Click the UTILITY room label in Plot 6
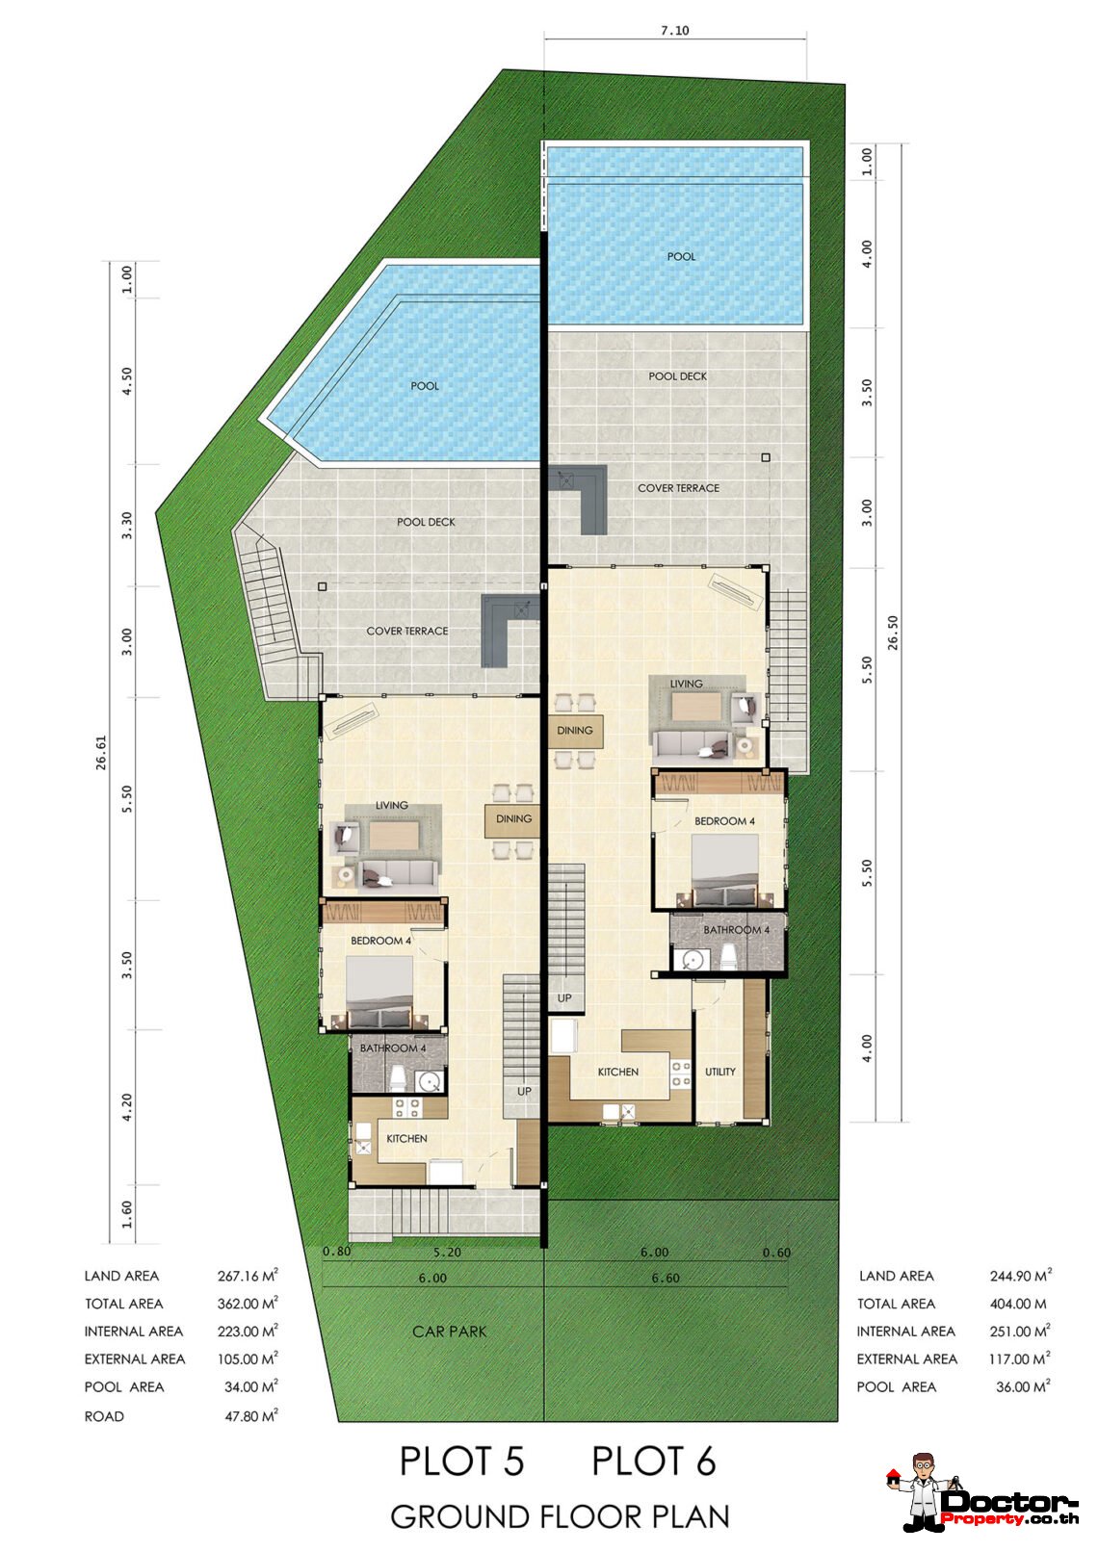click(720, 1072)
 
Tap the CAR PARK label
click(449, 1332)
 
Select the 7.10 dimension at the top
click(674, 31)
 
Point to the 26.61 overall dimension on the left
click(101, 753)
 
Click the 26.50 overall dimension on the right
click(893, 633)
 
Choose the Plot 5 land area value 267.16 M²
click(248, 1276)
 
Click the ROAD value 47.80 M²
click(251, 1416)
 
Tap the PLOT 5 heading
click(461, 1461)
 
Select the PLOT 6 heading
click(654, 1461)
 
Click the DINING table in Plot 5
click(513, 819)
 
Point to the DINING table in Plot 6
click(575, 732)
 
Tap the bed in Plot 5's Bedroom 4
click(379, 993)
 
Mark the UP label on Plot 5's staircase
click(524, 1091)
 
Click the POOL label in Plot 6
click(681, 256)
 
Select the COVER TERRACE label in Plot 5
click(406, 632)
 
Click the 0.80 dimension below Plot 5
click(337, 1252)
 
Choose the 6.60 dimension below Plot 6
click(666, 1278)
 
